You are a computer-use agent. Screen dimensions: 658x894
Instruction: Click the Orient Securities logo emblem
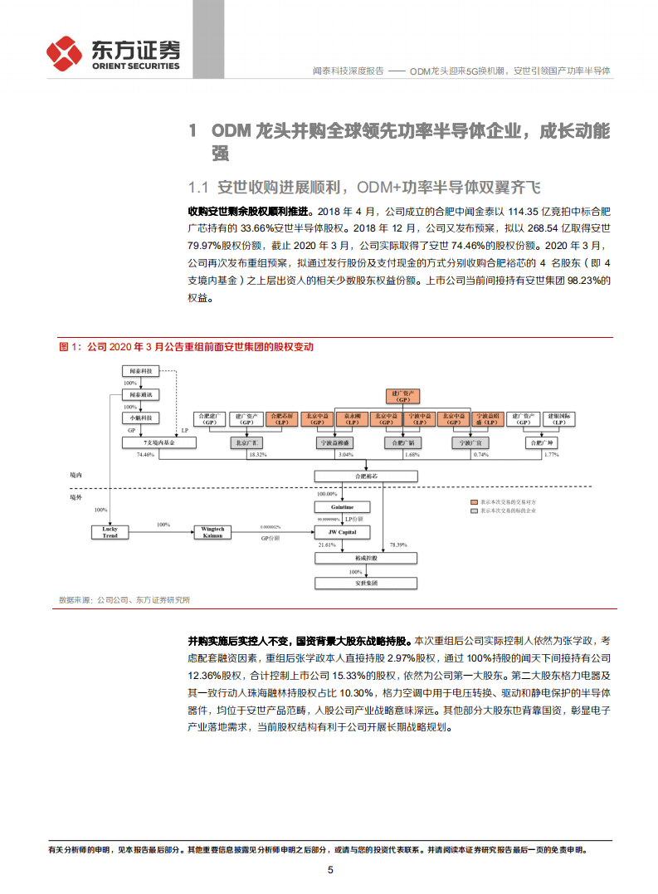click(64, 52)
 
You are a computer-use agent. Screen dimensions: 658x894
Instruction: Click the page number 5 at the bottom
click(330, 870)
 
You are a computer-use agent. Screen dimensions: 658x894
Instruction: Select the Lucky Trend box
click(110, 532)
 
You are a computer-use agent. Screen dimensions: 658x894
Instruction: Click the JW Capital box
click(343, 532)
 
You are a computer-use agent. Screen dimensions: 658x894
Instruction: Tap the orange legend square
click(475, 502)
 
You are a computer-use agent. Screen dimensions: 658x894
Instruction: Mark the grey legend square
click(475, 511)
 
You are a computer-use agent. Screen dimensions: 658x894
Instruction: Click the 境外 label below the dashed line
click(77, 496)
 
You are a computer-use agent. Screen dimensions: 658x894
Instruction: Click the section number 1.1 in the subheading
click(197, 186)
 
